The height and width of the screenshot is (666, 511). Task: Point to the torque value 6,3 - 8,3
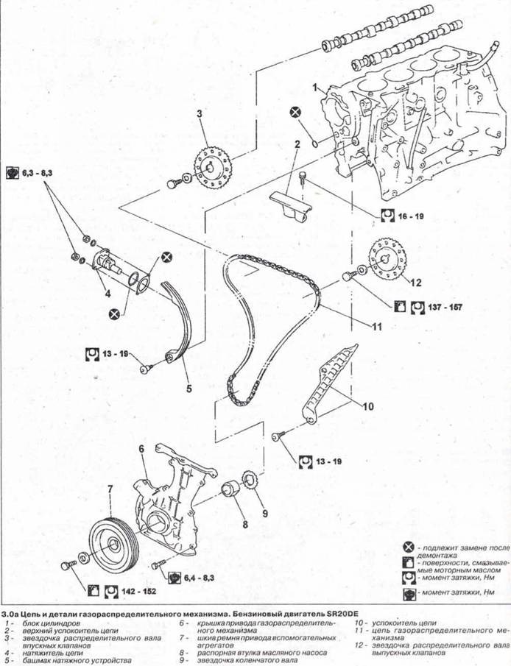tap(38, 173)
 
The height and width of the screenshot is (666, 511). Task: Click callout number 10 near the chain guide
tap(369, 405)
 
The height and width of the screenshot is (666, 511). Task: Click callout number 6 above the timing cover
tap(141, 447)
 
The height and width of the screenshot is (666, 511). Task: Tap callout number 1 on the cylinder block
tap(314, 88)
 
